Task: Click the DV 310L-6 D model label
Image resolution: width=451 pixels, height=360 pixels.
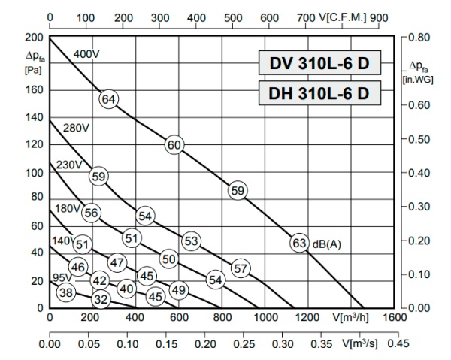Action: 320,62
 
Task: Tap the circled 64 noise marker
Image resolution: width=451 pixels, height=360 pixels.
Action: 109,99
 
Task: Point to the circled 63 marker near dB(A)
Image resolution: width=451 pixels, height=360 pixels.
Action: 300,243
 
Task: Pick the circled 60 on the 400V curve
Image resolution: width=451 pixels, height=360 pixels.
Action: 174,145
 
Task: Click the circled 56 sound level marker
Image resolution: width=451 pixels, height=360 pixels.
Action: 92,213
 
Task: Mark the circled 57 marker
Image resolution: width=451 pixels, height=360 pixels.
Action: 241,268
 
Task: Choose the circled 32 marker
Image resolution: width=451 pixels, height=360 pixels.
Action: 101,298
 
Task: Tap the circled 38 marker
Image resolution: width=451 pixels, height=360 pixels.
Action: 66,292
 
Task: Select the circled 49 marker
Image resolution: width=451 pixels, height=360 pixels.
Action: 178,289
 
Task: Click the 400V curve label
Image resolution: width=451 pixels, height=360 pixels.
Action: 86,53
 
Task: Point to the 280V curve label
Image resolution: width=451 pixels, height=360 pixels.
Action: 76,129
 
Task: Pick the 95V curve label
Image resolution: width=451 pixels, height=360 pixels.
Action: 59,279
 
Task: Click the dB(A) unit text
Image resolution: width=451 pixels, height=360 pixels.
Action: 327,243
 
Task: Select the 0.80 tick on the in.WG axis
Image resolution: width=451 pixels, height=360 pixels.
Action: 419,36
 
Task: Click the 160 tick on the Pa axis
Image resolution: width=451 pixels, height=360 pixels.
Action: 33,90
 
